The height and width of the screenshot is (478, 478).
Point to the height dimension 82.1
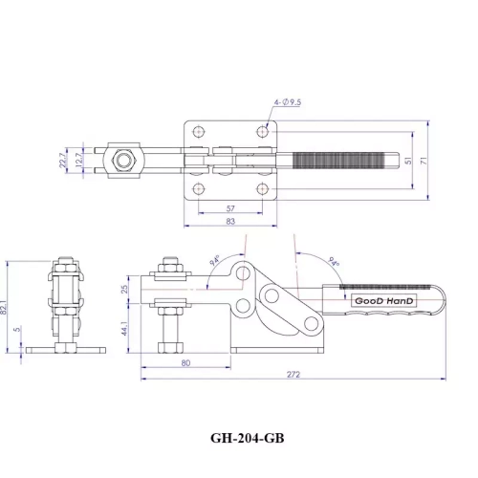(x=9, y=304)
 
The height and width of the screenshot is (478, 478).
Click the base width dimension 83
(x=230, y=221)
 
